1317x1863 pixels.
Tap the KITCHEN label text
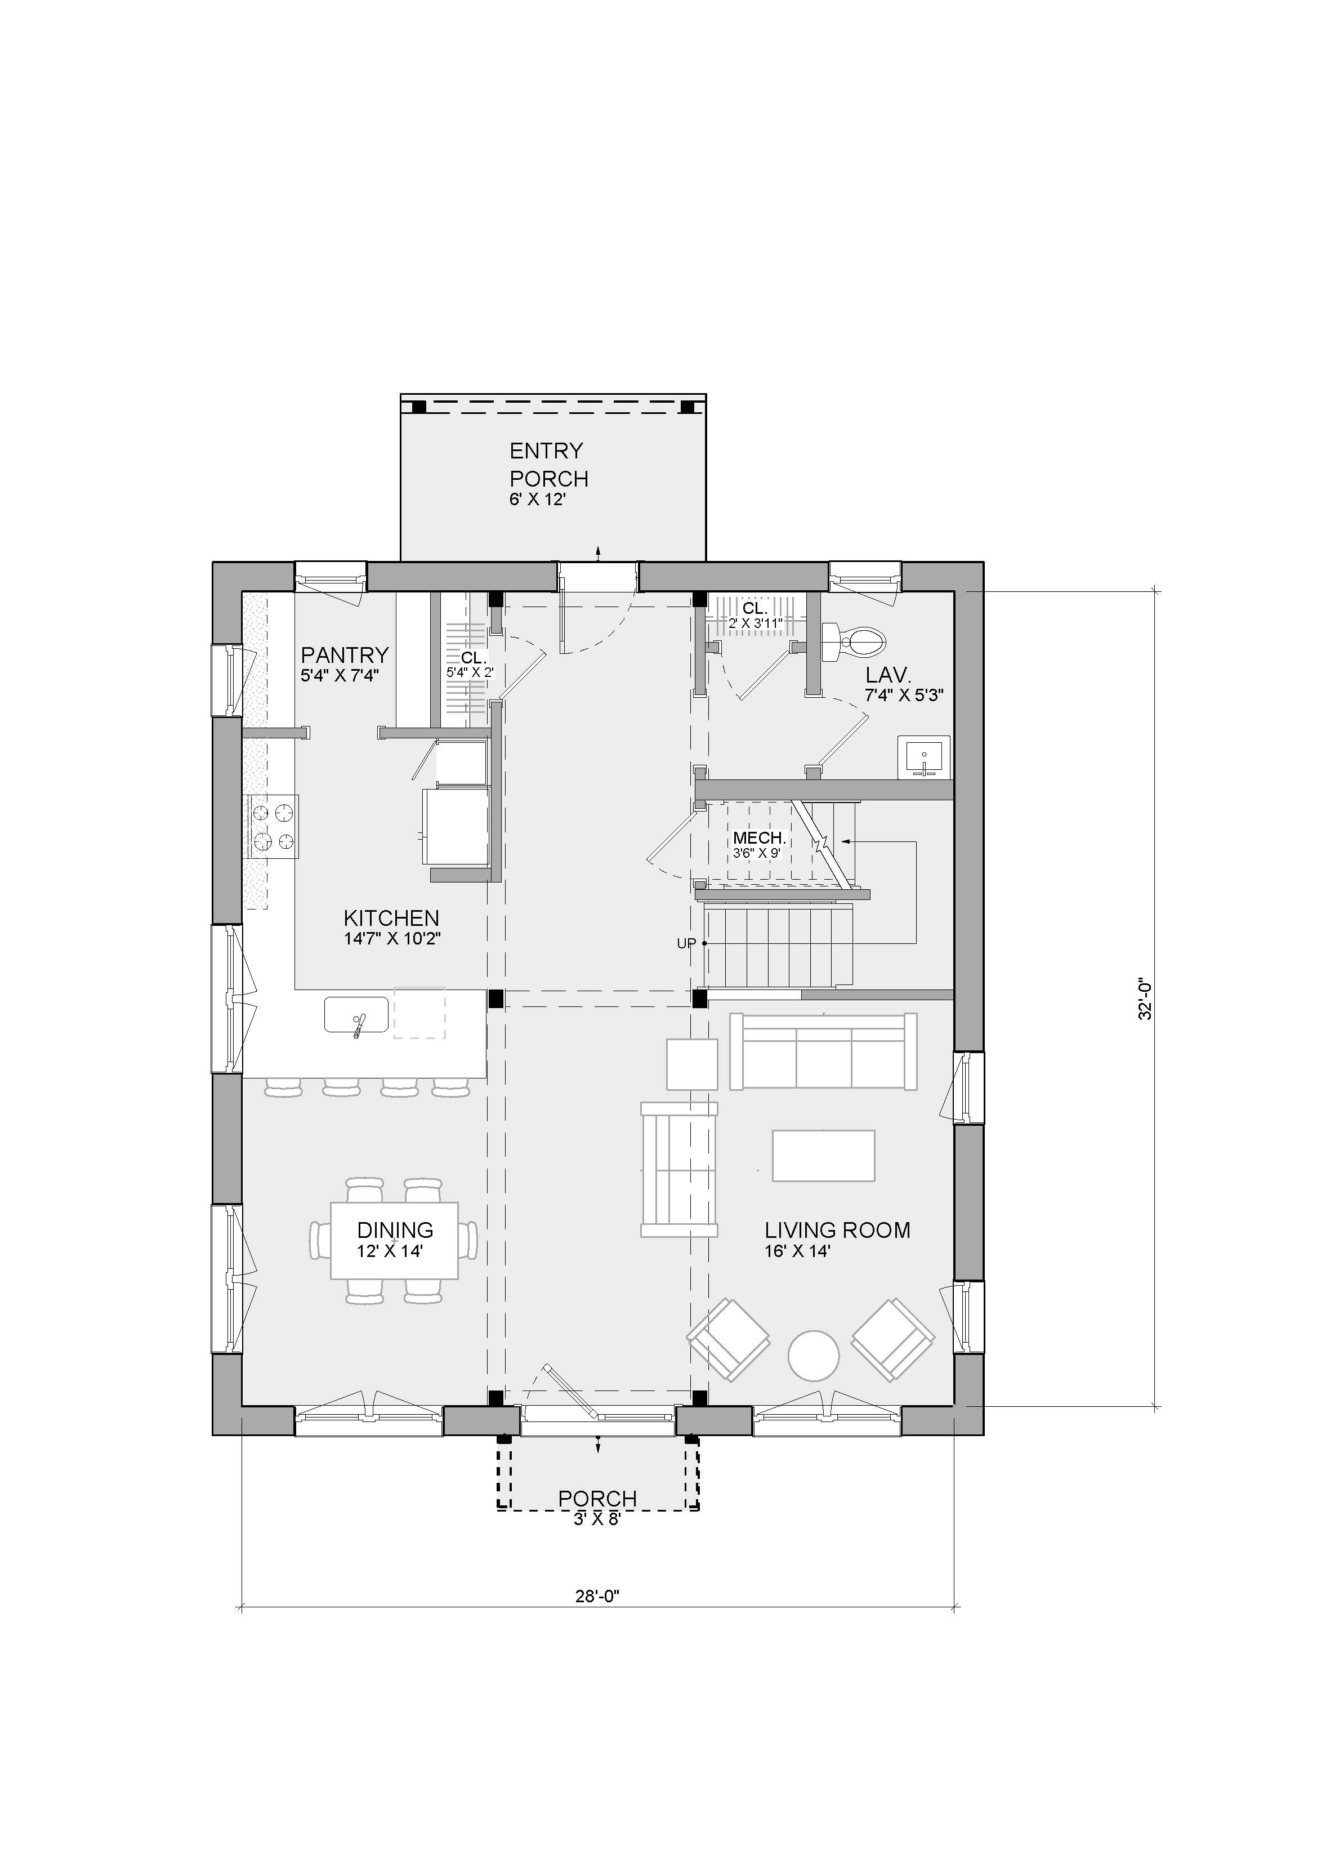click(391, 918)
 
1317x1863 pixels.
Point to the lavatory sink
click(923, 757)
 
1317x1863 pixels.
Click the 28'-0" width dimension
click(598, 1597)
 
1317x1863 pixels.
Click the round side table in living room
click(814, 1355)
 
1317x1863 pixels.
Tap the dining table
click(394, 1241)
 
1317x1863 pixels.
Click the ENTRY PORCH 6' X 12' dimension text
click(537, 500)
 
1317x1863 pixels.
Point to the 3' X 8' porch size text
click(597, 1519)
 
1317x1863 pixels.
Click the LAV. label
click(889, 674)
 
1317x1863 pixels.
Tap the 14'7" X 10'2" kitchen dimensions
click(392, 939)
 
